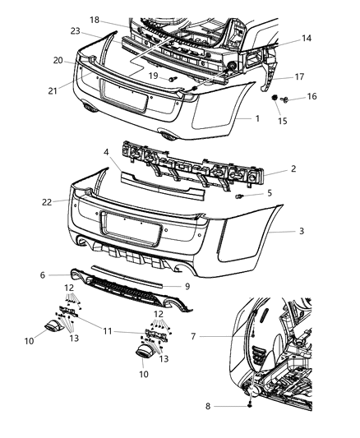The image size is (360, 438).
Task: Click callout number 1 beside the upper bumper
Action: [x=256, y=118]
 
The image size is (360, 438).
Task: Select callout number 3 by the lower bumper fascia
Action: [x=302, y=232]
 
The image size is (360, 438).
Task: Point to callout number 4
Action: [x=106, y=153]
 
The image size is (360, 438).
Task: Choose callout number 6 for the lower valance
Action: [x=65, y=275]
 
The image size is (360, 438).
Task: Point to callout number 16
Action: [x=312, y=96]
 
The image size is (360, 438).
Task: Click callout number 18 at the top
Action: [x=95, y=18]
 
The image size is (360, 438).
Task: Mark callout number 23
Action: [x=75, y=32]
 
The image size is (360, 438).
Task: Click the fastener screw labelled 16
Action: [x=284, y=100]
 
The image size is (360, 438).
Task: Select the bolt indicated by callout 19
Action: [x=173, y=79]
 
